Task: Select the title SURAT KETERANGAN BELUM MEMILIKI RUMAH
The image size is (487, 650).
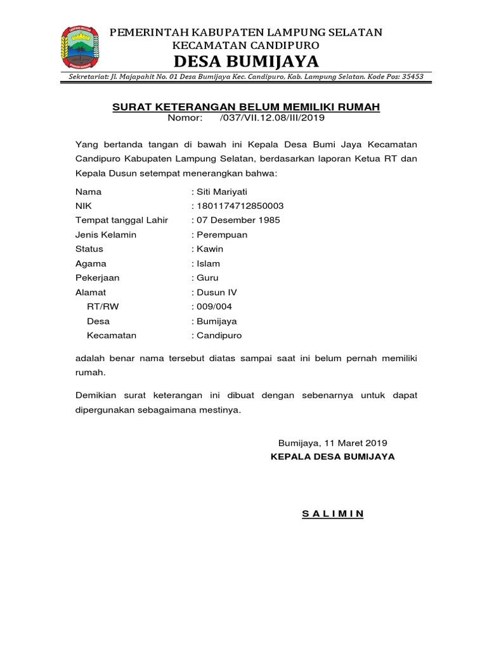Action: click(246, 107)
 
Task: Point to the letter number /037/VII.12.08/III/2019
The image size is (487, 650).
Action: click(272, 118)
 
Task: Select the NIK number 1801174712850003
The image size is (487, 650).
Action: click(240, 206)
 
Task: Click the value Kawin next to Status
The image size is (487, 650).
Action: click(211, 249)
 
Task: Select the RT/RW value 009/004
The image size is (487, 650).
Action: click(215, 307)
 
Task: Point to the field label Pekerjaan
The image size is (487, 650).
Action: click(97, 278)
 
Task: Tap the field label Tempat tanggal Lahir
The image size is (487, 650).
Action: click(122, 220)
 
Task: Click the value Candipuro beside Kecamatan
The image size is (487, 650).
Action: click(219, 335)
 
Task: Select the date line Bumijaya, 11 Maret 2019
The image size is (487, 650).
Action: click(333, 442)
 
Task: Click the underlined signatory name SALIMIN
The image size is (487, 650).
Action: click(332, 514)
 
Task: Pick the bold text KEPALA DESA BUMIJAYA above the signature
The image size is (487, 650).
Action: click(332, 456)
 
